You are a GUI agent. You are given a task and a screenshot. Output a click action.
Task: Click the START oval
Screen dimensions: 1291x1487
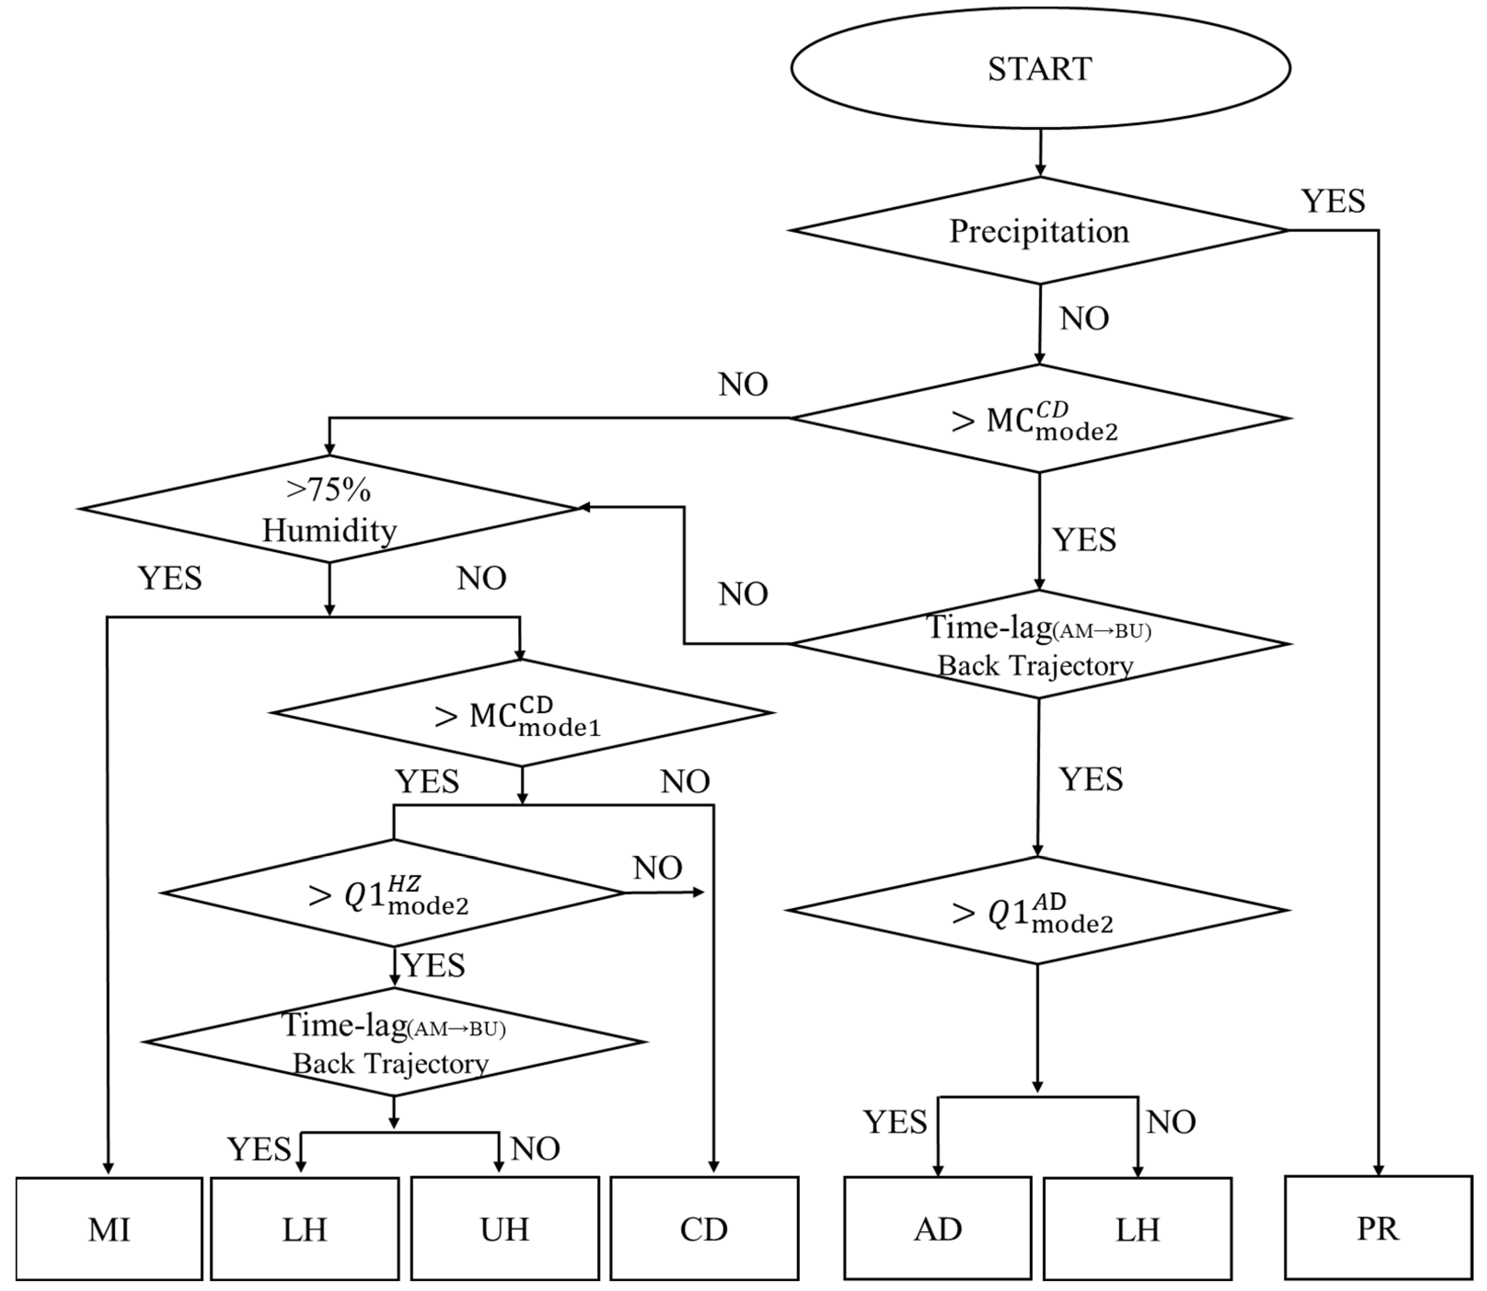1039,68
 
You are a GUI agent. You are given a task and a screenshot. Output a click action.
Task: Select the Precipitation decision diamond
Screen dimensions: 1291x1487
1039,230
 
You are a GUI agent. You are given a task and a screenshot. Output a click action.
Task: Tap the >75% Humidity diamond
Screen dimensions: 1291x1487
329,509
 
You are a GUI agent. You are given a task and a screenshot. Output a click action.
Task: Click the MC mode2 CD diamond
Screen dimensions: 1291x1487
1039,419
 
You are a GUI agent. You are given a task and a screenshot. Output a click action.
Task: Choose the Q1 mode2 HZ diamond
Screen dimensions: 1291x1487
393,893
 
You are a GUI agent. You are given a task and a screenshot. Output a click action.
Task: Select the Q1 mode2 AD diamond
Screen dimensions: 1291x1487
1037,911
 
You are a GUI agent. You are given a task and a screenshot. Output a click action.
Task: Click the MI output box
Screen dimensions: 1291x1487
109,1229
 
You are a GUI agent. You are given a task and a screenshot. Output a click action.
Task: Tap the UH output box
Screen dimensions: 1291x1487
504,1229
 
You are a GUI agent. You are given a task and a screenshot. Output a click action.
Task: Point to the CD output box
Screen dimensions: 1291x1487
704,1229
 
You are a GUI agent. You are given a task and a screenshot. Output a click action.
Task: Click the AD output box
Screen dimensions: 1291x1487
937,1229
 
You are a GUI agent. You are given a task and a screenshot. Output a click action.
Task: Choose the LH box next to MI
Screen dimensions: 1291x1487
304,1229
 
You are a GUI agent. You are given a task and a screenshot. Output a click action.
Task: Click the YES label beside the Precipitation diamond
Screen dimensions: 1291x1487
1333,201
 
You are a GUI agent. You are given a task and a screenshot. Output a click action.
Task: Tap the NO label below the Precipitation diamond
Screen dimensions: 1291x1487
1083,318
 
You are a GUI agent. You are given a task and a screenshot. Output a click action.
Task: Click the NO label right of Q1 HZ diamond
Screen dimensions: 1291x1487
657,868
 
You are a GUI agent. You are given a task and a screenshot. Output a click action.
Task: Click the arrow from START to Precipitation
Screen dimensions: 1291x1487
1039,153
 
